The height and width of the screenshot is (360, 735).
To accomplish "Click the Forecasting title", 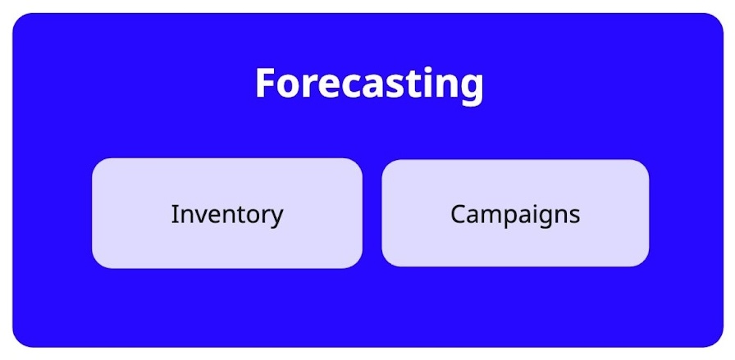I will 369,84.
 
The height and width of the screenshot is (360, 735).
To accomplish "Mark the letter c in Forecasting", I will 343,86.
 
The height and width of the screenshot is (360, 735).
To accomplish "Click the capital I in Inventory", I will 175,214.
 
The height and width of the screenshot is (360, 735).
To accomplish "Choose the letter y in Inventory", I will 276,218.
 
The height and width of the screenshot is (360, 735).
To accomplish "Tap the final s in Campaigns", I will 574,216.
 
